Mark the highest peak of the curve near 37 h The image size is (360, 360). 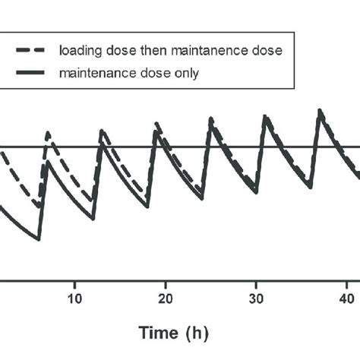320,110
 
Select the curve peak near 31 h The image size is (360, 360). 265,115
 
